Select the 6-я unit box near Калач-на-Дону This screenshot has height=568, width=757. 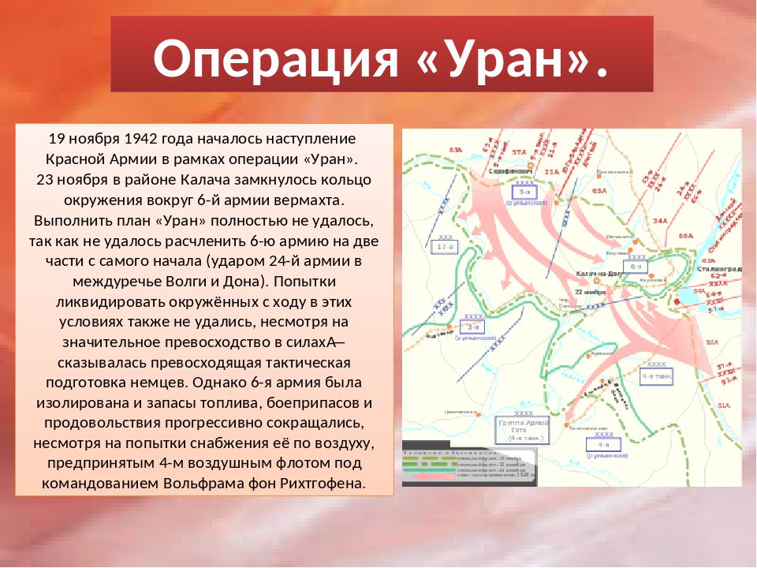tap(636, 266)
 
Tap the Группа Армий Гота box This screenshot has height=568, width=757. tap(523, 430)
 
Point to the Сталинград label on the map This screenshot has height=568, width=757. tap(718, 268)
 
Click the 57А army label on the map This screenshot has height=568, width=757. tap(712, 342)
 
